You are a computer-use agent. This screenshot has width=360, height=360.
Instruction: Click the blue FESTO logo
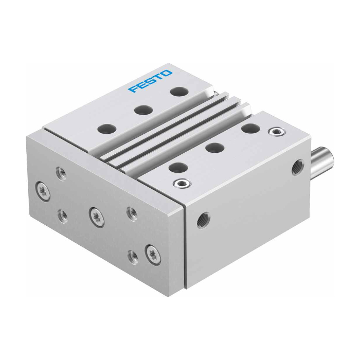click(x=150, y=81)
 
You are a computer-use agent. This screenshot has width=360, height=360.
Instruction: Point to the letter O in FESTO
click(x=167, y=74)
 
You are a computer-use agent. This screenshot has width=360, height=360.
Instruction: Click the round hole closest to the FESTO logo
click(x=179, y=92)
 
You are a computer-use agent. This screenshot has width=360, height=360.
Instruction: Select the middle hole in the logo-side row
click(x=143, y=110)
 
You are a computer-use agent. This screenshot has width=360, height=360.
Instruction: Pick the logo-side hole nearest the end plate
click(x=107, y=129)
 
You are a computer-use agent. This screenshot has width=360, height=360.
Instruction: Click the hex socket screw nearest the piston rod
click(x=277, y=132)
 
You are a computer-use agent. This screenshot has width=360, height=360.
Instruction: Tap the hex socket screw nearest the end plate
click(x=182, y=183)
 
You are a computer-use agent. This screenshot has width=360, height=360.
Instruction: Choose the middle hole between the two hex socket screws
click(x=214, y=148)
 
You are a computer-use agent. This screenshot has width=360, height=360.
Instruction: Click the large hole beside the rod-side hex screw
click(x=250, y=129)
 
